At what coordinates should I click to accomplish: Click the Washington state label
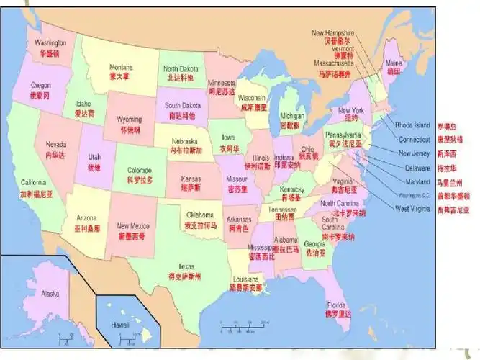coord(50,43)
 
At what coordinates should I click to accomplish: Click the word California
coord(33,183)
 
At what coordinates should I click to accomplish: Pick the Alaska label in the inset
coord(50,294)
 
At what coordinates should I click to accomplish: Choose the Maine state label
coord(394,63)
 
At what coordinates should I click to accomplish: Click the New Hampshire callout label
coord(332,33)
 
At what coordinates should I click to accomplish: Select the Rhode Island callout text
coord(412,125)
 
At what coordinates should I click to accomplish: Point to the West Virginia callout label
coord(412,209)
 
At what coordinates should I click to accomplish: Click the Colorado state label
coord(140,171)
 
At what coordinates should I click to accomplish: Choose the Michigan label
coord(292,115)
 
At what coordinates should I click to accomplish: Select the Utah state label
coord(94,157)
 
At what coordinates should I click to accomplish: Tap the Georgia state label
coord(315,244)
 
